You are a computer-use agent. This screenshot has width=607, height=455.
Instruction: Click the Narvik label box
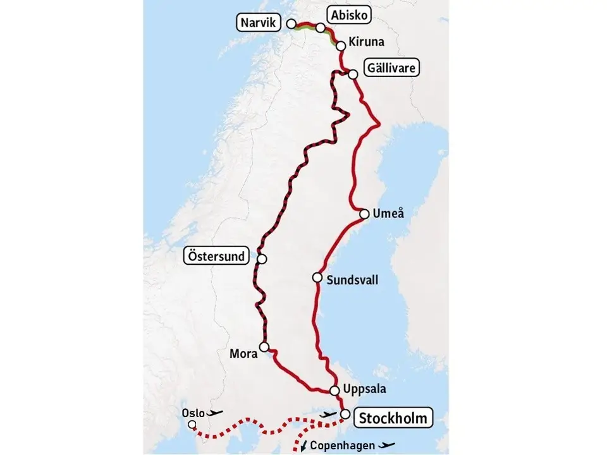tap(259, 24)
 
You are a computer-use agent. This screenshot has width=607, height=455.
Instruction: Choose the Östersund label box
tap(215, 256)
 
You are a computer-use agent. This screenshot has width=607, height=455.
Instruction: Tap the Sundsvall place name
tap(353, 279)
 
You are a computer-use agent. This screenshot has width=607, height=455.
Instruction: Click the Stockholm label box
tap(395, 418)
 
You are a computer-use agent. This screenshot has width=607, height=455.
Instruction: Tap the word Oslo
tap(193, 413)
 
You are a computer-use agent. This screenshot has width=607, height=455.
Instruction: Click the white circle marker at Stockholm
tap(345, 414)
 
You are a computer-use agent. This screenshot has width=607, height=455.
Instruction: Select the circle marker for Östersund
tap(262, 259)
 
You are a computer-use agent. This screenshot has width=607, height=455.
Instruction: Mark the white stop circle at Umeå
tap(364, 214)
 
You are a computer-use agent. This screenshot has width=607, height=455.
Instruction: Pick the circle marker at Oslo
tap(192, 425)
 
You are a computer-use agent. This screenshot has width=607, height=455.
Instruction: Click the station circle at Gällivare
tap(353, 74)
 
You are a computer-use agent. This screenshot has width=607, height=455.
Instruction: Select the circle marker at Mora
tap(264, 346)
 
